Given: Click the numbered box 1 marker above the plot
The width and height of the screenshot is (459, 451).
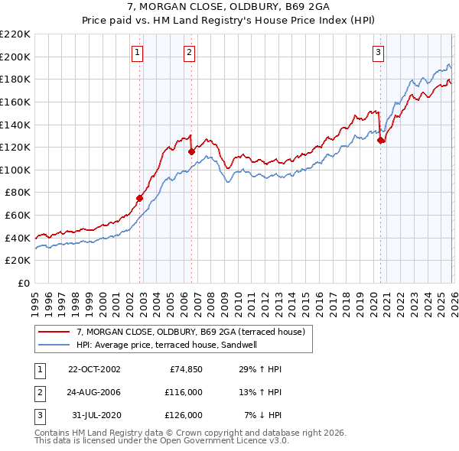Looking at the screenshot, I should (137, 53).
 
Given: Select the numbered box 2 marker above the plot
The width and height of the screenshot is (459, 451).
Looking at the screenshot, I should (189, 53).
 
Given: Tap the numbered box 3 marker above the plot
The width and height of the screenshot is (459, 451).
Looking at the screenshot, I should (378, 53).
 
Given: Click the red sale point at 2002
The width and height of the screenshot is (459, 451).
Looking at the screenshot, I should (140, 198).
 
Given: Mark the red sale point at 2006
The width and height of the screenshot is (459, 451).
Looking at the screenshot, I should (191, 151).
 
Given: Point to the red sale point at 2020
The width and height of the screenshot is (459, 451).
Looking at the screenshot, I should (380, 140).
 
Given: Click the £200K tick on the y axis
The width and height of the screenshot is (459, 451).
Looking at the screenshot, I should (15, 57).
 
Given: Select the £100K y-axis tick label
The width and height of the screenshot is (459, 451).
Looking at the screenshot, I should (15, 170).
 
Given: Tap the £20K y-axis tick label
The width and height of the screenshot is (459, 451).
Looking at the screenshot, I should (18, 261).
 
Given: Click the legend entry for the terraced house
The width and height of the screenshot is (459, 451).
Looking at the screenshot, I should (190, 332).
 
